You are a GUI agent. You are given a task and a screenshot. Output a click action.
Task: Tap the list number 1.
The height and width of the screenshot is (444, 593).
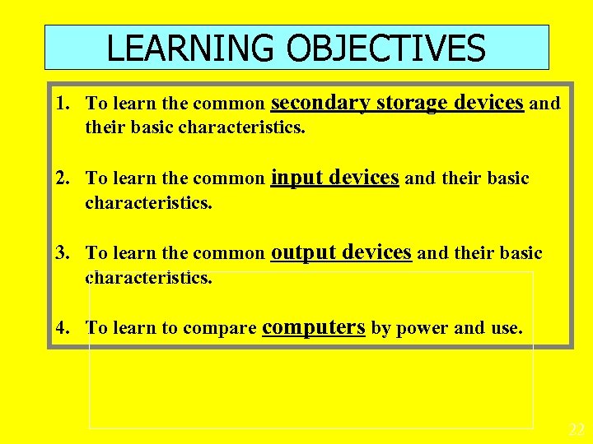(62, 104)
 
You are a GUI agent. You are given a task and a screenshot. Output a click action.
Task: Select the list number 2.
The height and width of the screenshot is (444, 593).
(62, 178)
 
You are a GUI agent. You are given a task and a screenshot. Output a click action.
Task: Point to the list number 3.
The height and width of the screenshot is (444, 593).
(62, 253)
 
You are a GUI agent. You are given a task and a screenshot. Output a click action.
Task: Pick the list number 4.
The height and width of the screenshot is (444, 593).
(62, 328)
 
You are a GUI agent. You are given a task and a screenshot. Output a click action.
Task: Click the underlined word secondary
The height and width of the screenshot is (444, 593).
(320, 103)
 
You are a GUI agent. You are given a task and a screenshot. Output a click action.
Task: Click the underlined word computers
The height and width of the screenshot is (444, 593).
(313, 327)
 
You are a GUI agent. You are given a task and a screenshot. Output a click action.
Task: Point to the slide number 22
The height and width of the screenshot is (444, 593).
(577, 430)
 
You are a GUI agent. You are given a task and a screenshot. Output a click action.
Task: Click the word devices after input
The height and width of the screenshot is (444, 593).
(364, 178)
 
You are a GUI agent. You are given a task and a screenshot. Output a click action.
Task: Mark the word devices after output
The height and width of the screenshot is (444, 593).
(376, 252)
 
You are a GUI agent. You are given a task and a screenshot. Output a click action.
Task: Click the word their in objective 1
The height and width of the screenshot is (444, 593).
(103, 127)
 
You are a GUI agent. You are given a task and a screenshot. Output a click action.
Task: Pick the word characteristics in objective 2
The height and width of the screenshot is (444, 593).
(148, 202)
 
